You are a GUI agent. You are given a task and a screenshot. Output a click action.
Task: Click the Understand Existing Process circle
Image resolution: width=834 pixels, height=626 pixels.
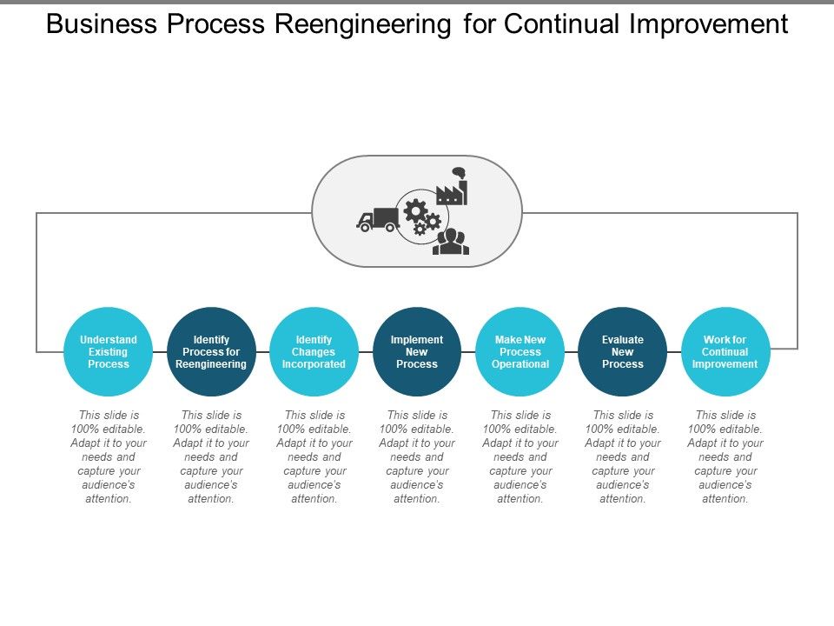(x=109, y=351)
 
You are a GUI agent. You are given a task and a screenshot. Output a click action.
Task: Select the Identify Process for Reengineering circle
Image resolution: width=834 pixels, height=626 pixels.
(x=211, y=351)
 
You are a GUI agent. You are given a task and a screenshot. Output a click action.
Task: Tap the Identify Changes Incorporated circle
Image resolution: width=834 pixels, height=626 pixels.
(x=314, y=351)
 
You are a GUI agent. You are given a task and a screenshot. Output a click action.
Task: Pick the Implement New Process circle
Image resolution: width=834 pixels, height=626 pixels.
(x=417, y=351)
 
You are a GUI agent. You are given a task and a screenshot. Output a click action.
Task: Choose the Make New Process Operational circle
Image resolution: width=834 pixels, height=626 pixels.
(x=520, y=351)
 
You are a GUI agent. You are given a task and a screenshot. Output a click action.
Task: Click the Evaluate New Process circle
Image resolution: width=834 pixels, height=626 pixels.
(x=623, y=351)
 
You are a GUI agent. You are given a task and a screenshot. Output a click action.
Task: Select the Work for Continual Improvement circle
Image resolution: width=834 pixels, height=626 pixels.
(x=725, y=351)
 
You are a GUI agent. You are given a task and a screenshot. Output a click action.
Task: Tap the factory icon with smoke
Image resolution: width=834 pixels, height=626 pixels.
(x=453, y=188)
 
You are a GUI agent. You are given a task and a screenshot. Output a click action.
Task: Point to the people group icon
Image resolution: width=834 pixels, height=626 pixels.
(x=451, y=241)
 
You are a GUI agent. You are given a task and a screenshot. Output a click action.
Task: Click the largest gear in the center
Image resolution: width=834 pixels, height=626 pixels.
(x=415, y=210)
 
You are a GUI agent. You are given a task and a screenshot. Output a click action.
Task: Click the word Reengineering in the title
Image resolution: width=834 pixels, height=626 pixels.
(x=363, y=25)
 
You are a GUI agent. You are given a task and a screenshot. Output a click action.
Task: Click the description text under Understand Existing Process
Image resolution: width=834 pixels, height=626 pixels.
(x=109, y=457)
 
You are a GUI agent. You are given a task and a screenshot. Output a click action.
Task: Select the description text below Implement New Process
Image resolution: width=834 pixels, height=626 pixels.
(x=417, y=457)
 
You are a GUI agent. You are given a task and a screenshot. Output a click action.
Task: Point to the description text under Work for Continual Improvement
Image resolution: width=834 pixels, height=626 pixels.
(x=725, y=457)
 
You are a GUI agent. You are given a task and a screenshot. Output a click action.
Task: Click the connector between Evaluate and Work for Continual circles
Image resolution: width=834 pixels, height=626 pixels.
(x=674, y=351)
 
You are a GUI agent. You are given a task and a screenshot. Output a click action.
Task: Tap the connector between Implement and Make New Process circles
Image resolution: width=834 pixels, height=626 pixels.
(x=468, y=351)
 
